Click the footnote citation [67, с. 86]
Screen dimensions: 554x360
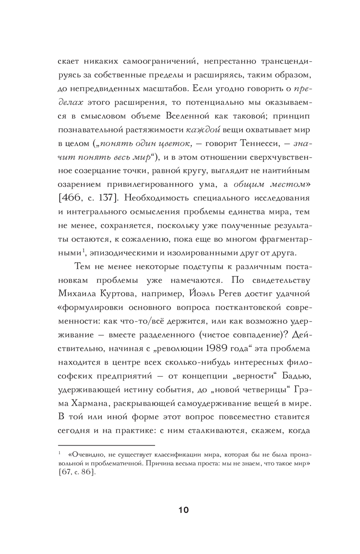click(77, 472)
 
